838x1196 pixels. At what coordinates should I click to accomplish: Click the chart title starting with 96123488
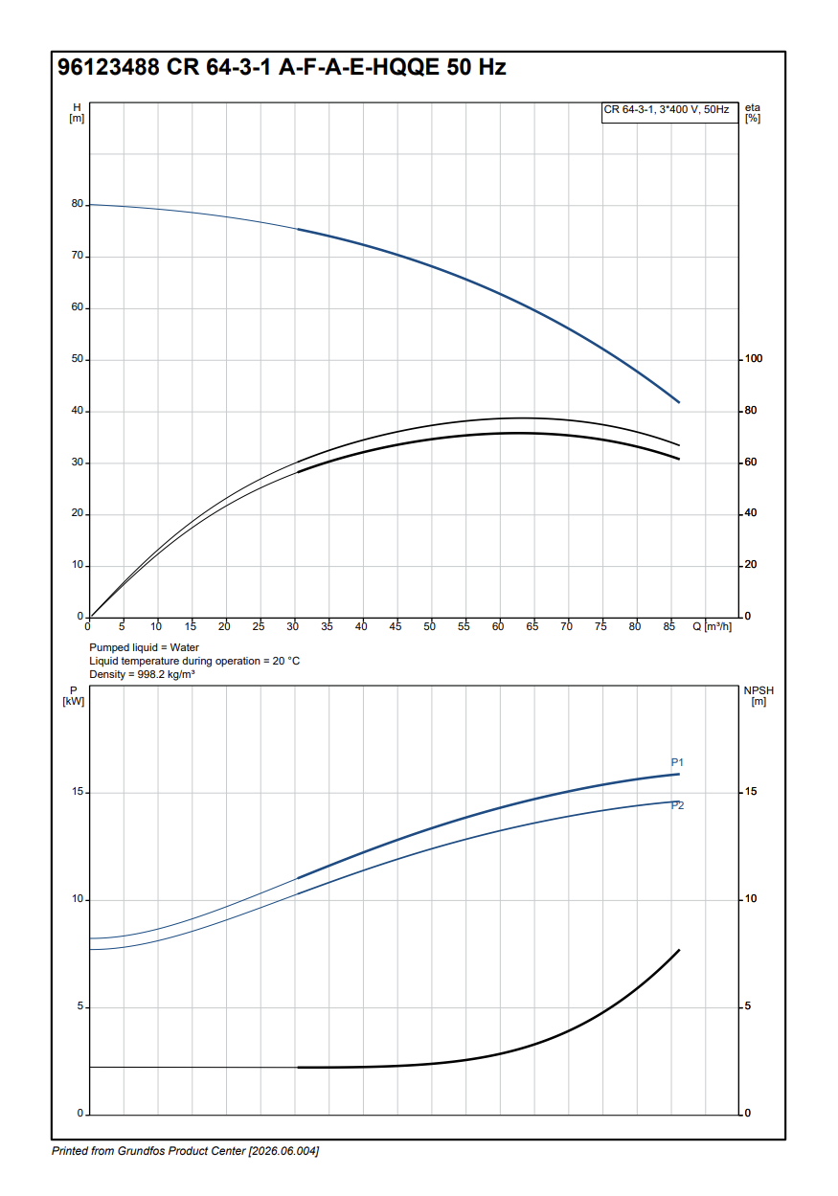click(x=282, y=68)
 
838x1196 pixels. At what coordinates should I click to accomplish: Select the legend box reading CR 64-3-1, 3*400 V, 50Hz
click(x=666, y=110)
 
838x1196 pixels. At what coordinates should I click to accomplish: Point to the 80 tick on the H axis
click(x=77, y=205)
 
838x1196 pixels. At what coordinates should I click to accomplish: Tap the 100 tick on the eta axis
click(x=754, y=359)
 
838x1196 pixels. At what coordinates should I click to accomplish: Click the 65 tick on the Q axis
click(x=532, y=626)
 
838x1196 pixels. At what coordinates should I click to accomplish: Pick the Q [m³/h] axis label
click(x=713, y=626)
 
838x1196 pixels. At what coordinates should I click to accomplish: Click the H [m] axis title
click(x=77, y=113)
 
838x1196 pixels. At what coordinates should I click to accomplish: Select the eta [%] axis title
click(x=752, y=113)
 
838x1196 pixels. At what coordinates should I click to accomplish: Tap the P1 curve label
click(x=677, y=762)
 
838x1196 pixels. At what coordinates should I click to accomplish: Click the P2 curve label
click(x=677, y=805)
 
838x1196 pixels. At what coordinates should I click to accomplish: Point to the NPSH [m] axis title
click(x=758, y=696)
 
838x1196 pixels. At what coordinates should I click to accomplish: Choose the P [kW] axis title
click(x=74, y=696)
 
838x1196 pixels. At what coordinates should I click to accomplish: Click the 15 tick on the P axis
click(x=77, y=793)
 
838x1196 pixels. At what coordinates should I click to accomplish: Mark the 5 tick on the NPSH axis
click(x=747, y=1006)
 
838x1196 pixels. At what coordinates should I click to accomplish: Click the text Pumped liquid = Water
click(x=144, y=648)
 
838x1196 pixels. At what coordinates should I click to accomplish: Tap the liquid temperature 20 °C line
click(x=194, y=661)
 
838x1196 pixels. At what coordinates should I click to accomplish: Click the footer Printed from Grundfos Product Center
click(x=185, y=1151)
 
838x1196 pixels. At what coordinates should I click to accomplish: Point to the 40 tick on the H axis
click(x=77, y=412)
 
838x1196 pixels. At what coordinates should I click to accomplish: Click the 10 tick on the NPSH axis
click(x=750, y=899)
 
